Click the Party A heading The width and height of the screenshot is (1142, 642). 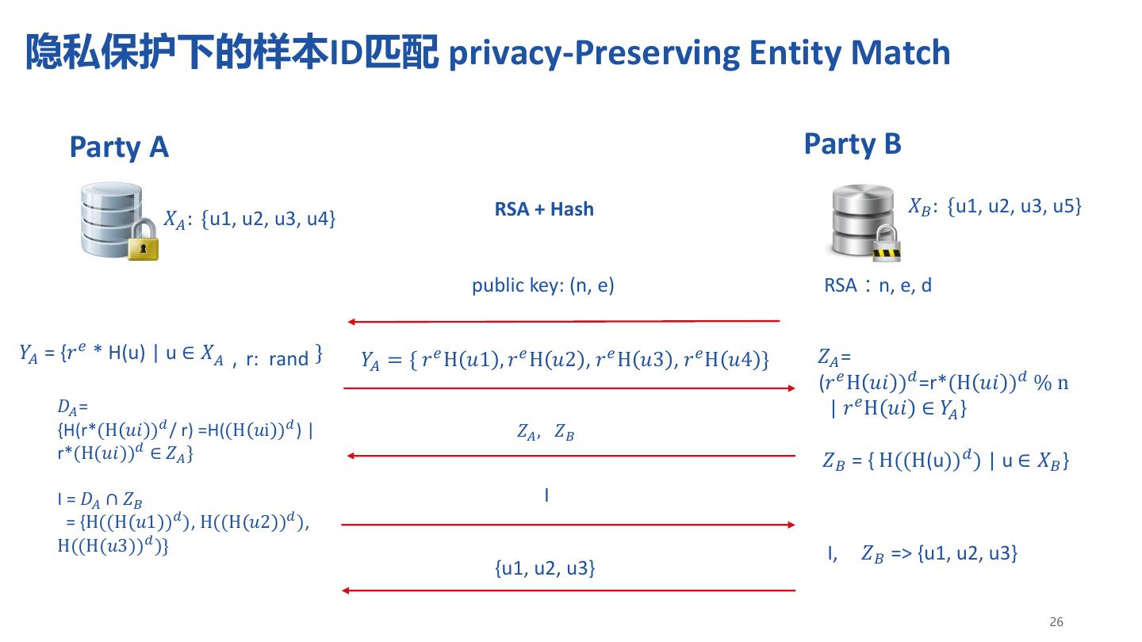point(119,147)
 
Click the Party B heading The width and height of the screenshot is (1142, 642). point(853,144)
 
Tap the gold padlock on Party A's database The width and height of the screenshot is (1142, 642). point(143,243)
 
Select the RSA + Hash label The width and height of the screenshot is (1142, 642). point(544,209)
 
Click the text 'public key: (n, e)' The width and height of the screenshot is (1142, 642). point(543,285)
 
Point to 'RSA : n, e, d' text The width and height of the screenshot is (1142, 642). point(878,285)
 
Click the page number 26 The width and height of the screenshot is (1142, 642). point(1056,621)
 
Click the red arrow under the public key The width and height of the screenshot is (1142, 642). point(563,322)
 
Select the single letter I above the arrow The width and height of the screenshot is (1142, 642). point(546,496)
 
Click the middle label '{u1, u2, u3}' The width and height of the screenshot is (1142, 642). point(544,568)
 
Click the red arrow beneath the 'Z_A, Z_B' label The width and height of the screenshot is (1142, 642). point(571,456)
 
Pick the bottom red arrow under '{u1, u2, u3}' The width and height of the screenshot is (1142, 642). point(568,590)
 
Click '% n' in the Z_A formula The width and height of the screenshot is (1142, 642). point(1052,383)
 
